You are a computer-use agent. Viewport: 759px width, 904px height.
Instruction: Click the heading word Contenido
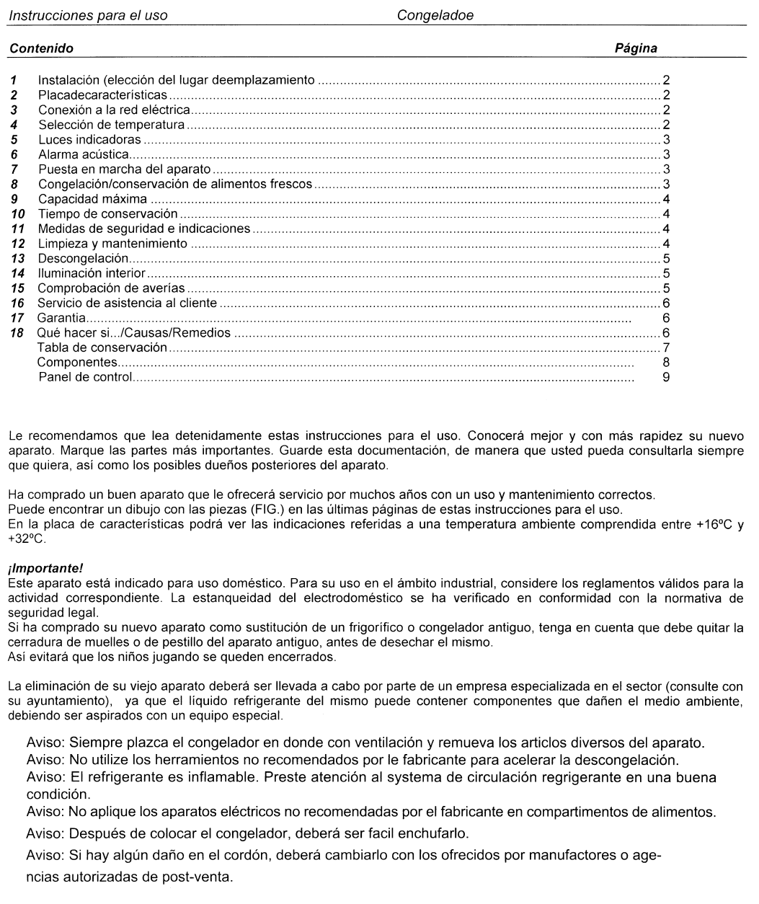point(40,49)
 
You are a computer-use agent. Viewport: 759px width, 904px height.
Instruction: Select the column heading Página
point(636,49)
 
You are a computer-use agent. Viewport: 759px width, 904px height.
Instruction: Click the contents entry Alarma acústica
point(84,154)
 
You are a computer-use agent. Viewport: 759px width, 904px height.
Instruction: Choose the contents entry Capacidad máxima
point(92,199)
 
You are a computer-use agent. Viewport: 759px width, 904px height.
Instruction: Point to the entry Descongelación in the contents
point(83,258)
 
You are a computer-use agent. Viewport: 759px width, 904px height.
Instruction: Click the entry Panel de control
point(85,377)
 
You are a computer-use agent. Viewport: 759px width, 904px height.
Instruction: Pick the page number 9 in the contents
point(666,377)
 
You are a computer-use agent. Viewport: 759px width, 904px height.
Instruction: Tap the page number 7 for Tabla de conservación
point(666,347)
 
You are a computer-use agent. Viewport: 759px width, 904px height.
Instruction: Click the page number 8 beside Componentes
point(666,362)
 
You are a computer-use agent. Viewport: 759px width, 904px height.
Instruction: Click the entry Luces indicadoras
point(89,140)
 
